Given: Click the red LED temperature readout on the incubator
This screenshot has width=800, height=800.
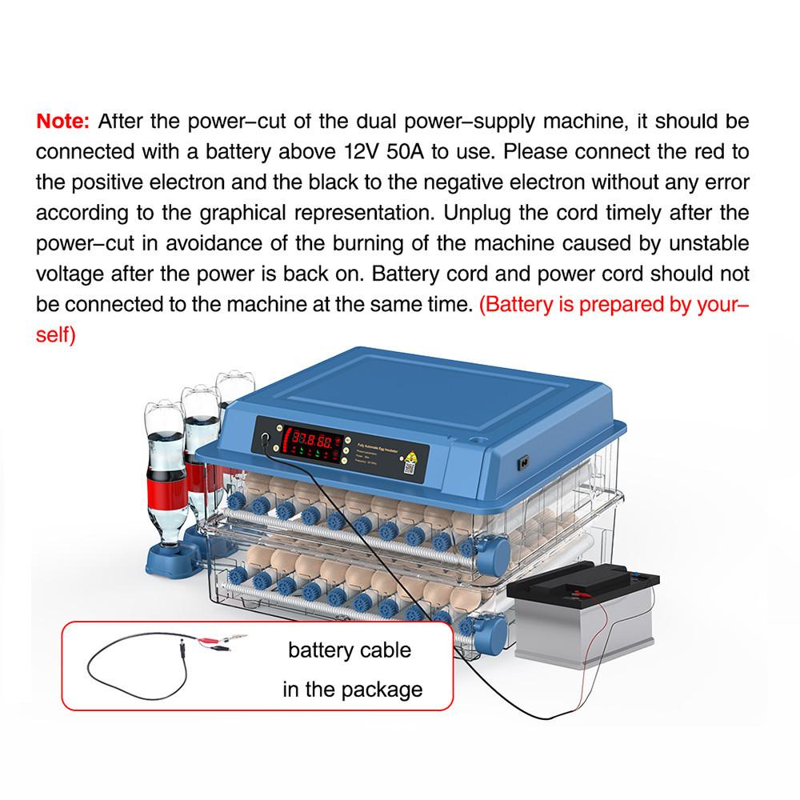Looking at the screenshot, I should point(313,439).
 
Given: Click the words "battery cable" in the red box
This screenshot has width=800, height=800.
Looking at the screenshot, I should point(350,649).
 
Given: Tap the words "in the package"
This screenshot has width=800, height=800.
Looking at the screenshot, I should point(352,689).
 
